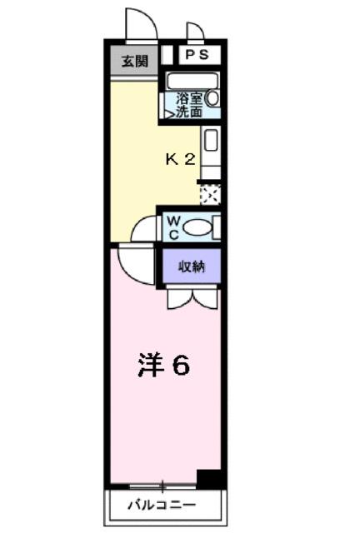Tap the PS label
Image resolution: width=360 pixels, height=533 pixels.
click(197, 55)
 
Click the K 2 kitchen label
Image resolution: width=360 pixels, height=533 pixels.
click(180, 159)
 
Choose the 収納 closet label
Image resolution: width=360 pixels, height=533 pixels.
click(191, 266)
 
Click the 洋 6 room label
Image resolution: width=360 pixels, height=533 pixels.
click(162, 365)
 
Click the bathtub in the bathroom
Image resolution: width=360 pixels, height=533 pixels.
click(192, 81)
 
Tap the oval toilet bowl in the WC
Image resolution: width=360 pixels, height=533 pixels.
click(197, 227)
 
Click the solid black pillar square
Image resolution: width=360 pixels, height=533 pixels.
click(209, 479)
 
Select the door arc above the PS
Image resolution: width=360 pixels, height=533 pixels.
click(197, 32)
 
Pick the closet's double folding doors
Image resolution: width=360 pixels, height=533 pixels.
click(191, 297)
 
